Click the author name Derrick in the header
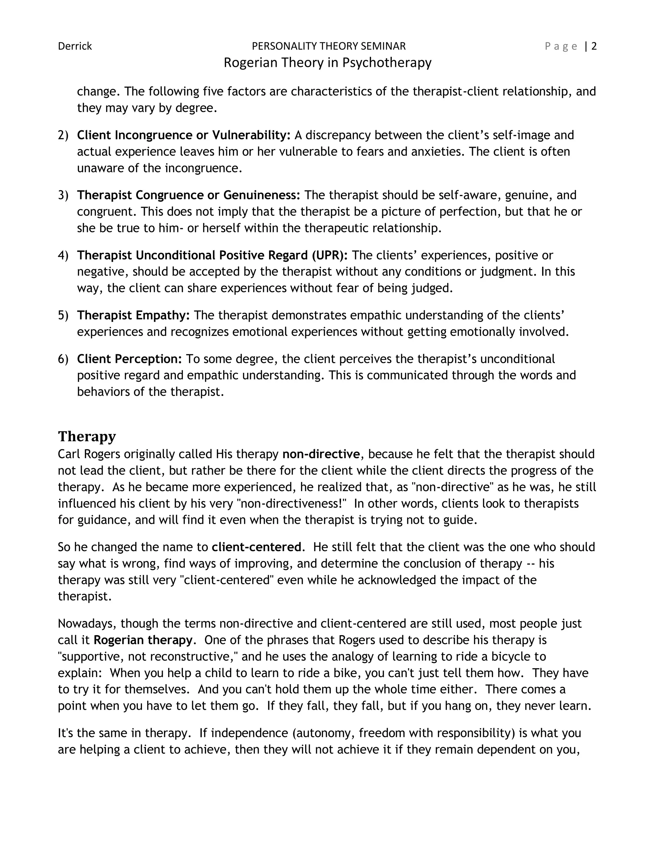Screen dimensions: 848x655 point(75,46)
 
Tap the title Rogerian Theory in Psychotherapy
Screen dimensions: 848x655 point(327,62)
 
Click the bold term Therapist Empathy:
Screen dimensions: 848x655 point(133,315)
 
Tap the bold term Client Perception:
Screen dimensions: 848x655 point(130,359)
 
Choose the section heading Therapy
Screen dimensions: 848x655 point(87,436)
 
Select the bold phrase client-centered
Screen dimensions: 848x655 point(256,547)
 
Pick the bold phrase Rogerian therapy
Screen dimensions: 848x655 point(143,640)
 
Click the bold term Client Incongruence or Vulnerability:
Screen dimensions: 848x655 point(184,135)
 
